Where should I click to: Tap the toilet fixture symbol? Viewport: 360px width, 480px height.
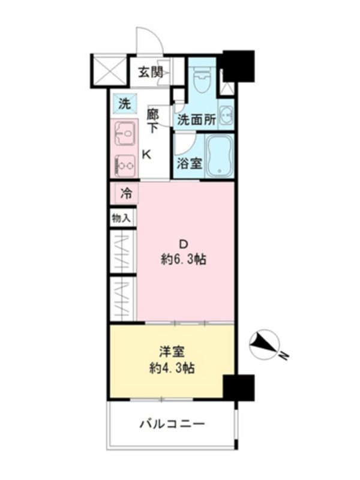pyautogui.click(x=202, y=79)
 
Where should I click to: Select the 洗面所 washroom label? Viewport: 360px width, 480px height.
pyautogui.click(x=197, y=119)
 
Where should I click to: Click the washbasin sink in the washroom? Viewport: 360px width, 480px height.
pyautogui.click(x=226, y=116)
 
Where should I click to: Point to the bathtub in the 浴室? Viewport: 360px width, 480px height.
pyautogui.click(x=219, y=156)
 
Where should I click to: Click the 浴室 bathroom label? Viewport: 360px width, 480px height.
pyautogui.click(x=190, y=163)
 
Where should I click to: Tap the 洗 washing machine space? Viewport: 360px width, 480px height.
pyautogui.click(x=124, y=104)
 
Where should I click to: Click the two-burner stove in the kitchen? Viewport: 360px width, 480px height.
pyautogui.click(x=125, y=166)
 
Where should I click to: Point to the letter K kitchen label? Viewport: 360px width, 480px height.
pyautogui.click(x=147, y=155)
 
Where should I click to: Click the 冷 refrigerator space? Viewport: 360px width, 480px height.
pyautogui.click(x=125, y=193)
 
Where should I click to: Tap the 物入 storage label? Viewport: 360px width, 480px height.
pyautogui.click(x=121, y=218)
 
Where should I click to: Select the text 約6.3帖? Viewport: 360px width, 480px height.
pyautogui.click(x=184, y=260)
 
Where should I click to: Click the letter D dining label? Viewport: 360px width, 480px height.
pyautogui.click(x=184, y=244)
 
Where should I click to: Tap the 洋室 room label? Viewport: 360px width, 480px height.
pyautogui.click(x=172, y=352)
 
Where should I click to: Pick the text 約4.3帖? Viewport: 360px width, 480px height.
pyautogui.click(x=172, y=368)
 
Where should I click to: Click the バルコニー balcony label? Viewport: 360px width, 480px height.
pyautogui.click(x=172, y=424)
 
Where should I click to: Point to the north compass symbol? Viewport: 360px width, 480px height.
pyautogui.click(x=265, y=344)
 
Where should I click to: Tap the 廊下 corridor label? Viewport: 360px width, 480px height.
pyautogui.click(x=152, y=121)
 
